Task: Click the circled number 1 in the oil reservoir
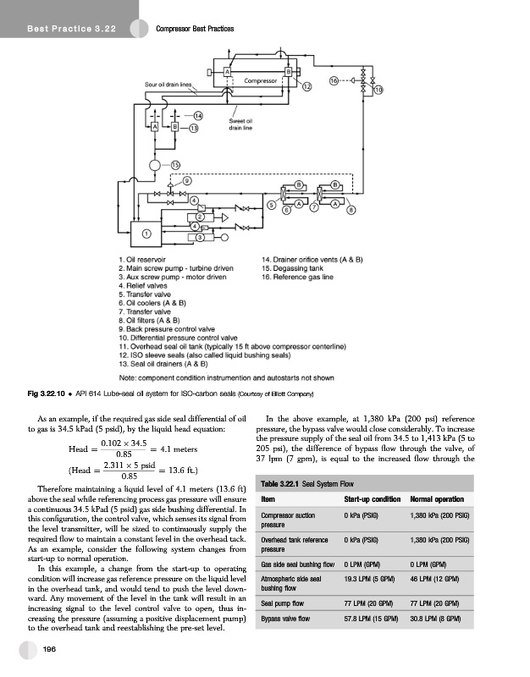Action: (146, 234)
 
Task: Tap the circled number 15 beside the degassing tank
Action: (176, 164)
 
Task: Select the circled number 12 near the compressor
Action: (306, 87)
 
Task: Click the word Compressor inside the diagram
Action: (262, 80)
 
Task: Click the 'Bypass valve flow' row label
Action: (287, 619)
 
